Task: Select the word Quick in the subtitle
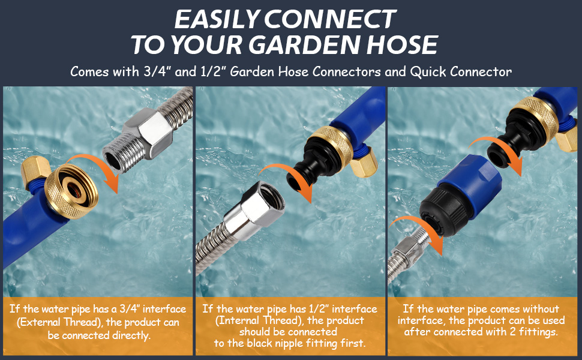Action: click(428, 71)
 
